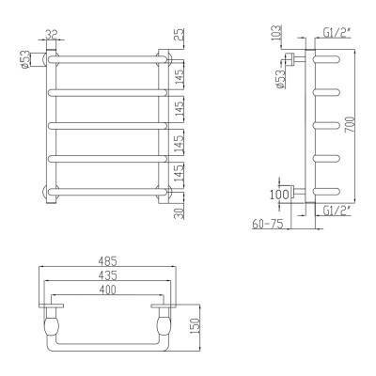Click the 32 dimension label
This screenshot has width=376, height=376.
pos(51,34)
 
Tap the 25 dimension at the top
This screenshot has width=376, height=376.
pos(180,35)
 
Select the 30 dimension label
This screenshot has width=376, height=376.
pos(180,212)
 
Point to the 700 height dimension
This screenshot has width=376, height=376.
pos(351,126)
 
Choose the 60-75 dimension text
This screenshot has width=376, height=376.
pos(268,224)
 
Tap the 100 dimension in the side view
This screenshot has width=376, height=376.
pos(279,195)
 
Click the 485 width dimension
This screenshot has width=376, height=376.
pos(107,260)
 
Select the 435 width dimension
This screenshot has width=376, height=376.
pos(107,275)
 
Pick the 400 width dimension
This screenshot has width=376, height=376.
pos(107,290)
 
